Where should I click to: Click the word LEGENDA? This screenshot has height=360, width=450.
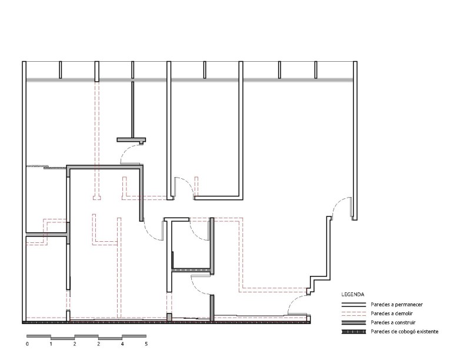(x=353, y=294)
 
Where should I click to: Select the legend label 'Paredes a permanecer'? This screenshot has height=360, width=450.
(x=396, y=305)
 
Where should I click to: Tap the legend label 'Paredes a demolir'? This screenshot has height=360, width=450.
(x=392, y=314)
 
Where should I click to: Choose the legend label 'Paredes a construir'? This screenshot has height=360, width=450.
(x=393, y=323)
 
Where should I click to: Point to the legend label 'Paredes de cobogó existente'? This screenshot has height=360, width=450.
(x=404, y=332)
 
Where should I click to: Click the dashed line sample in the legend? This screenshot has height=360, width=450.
(x=354, y=314)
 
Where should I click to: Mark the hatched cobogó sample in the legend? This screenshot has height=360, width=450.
(x=354, y=332)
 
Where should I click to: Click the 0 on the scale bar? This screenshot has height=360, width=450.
(x=27, y=344)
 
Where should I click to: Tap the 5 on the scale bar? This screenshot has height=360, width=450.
(x=146, y=344)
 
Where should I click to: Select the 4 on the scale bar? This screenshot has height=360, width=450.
(x=122, y=344)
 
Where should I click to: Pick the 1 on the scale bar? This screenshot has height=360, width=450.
(x=51, y=344)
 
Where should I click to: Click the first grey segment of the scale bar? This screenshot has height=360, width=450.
(x=39, y=336)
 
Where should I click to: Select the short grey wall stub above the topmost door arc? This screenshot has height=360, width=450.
(x=131, y=140)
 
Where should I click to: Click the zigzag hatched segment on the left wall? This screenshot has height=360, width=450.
(x=37, y=166)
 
